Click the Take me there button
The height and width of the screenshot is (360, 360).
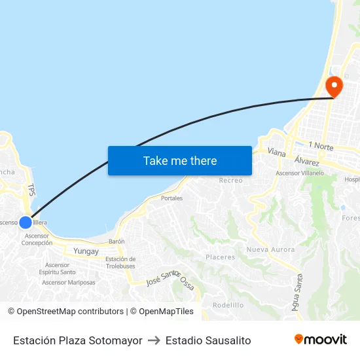(180, 160)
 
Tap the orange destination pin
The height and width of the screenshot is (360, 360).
(334, 86)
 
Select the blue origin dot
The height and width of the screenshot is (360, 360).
(26, 222)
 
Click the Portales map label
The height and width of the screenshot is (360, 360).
(171, 198)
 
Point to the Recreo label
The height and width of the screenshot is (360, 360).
(231, 180)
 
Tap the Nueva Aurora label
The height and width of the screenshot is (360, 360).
(270, 249)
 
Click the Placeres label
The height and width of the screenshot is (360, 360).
(220, 257)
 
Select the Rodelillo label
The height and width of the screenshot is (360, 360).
(228, 305)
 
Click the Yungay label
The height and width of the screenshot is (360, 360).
(86, 251)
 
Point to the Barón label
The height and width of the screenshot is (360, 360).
(117, 242)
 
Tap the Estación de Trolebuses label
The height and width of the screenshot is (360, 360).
(120, 262)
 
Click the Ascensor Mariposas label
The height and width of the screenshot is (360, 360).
(69, 283)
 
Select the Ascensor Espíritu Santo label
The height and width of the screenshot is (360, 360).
(58, 268)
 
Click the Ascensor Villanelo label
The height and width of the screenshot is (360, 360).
(300, 173)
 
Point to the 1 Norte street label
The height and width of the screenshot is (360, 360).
(319, 146)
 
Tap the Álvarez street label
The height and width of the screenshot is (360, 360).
(307, 161)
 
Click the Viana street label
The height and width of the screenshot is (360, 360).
(277, 152)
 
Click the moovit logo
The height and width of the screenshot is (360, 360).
(321, 340)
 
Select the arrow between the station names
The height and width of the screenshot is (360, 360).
(154, 340)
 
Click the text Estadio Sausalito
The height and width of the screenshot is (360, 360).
(208, 340)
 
